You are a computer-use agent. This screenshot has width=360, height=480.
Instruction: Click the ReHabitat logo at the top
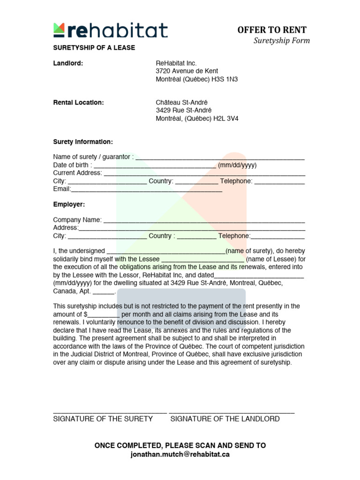pos(110,30)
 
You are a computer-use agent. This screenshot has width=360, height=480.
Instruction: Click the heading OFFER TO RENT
pos(272,30)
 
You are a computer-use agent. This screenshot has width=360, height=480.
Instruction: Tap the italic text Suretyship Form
pos(281,40)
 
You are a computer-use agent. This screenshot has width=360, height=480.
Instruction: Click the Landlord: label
pos(68,63)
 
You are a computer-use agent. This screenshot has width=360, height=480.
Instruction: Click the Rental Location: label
pos(78,103)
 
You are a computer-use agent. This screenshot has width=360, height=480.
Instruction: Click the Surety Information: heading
pos(83,142)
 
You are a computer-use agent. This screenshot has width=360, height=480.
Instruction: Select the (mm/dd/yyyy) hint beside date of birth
pos(237,165)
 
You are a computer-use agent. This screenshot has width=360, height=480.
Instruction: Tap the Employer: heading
pos(69,204)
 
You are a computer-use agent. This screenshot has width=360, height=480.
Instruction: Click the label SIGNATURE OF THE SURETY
pos(103,419)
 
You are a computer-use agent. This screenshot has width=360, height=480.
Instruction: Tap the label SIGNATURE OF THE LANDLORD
pos(225,419)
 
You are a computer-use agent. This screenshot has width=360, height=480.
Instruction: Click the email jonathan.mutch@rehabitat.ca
pos(180,454)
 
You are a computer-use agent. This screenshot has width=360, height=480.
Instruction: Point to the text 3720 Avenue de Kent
pos(187,71)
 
